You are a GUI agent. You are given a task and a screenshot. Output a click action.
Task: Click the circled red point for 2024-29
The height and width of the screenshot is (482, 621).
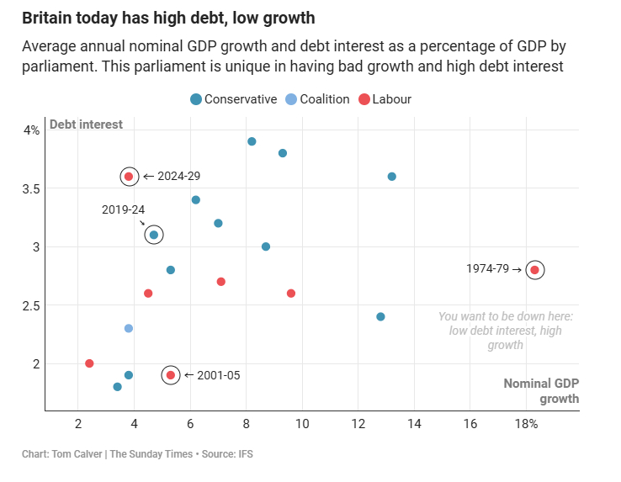(129, 177)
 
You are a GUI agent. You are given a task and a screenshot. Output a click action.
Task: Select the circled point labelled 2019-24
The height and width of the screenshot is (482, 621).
(153, 235)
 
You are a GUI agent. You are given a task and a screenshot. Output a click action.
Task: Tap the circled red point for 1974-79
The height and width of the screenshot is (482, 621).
(534, 270)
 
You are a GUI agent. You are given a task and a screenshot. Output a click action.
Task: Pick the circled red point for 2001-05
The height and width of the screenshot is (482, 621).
(171, 375)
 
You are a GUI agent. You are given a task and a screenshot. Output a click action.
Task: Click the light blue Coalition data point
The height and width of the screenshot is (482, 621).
(129, 328)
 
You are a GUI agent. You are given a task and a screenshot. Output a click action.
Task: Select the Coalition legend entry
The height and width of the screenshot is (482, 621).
(317, 99)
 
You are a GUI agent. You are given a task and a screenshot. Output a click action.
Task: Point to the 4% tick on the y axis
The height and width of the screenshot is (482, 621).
(31, 130)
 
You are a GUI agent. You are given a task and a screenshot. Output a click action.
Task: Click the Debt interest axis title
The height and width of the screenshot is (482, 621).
(86, 124)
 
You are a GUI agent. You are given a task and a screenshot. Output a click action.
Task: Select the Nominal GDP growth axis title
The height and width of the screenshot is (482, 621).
(541, 390)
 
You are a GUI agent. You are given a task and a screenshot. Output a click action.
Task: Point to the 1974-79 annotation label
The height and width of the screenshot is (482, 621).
(488, 269)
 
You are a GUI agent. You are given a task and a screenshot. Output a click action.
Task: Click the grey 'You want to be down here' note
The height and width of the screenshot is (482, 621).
(506, 331)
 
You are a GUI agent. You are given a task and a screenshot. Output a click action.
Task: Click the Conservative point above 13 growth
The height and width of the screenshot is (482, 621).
(391, 177)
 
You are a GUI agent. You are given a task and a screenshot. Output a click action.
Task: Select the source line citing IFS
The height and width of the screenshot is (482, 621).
(137, 454)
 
